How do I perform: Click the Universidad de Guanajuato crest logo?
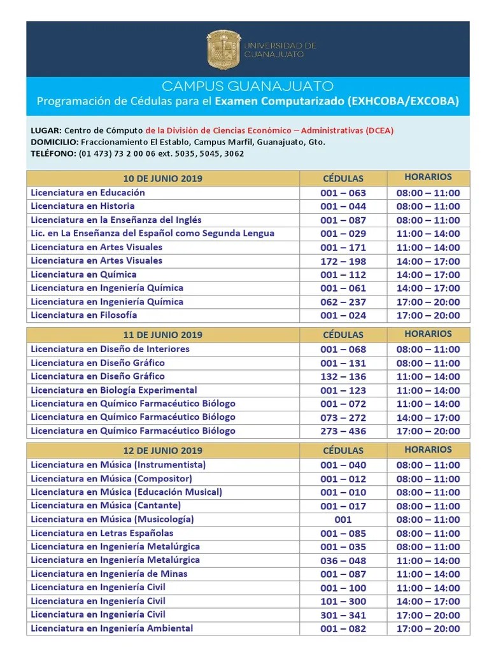click(223, 50)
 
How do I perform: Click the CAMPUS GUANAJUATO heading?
click(248, 86)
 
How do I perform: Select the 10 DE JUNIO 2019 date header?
click(162, 178)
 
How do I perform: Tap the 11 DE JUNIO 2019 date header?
click(162, 335)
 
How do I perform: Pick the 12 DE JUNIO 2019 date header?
click(162, 451)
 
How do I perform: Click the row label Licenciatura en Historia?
click(83, 206)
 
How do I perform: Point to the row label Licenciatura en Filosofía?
click(84, 315)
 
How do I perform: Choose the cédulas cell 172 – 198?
click(343, 261)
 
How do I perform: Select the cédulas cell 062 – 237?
click(343, 302)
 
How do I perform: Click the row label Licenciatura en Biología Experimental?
click(114, 390)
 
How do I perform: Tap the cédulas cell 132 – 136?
click(343, 377)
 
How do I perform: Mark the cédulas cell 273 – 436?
click(343, 431)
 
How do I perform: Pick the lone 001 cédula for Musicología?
click(343, 520)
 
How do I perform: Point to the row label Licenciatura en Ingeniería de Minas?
click(109, 574)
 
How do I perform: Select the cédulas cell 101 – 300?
click(343, 601)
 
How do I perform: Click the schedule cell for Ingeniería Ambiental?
click(428, 629)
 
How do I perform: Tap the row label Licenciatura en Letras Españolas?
click(102, 534)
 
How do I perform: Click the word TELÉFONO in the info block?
click(52, 153)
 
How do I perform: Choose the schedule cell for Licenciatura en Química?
click(428, 275)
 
